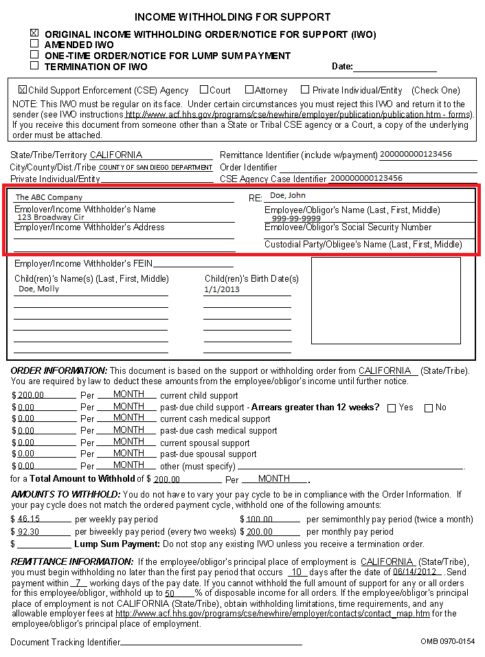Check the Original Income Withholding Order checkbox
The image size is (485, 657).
[34, 32]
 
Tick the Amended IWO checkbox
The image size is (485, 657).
[34, 43]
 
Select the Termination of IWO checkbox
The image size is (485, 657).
[34, 66]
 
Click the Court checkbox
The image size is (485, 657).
[204, 89]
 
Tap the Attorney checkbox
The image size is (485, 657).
[249, 89]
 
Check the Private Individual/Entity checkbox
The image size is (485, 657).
[305, 89]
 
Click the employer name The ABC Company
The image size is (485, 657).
[49, 198]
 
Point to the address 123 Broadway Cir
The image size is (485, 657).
[51, 217]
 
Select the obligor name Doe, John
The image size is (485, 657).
[288, 196]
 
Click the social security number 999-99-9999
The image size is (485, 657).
[296, 219]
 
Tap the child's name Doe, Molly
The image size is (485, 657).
[38, 289]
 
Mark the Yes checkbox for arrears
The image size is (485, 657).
[392, 408]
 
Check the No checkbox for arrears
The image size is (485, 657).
[429, 408]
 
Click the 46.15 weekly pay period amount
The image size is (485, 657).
[29, 520]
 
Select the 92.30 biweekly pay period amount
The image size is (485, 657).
[29, 532]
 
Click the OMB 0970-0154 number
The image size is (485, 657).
[447, 641]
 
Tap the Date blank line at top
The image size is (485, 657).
[395, 67]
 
